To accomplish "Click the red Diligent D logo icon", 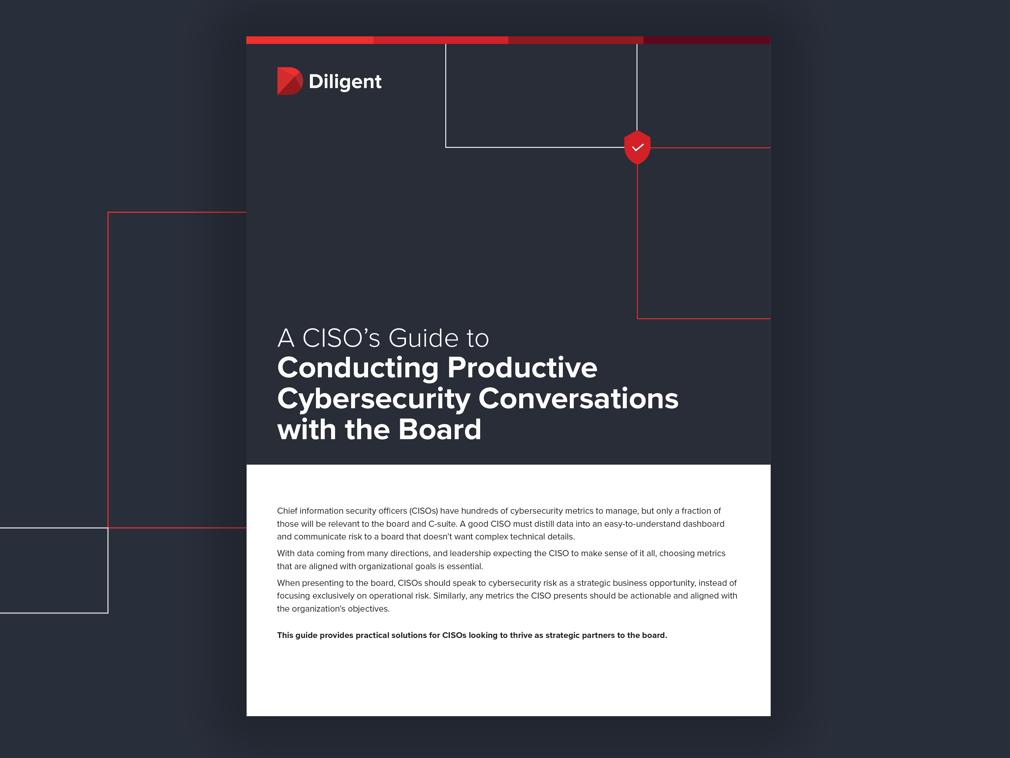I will tap(289, 81).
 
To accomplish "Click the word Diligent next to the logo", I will tap(345, 82).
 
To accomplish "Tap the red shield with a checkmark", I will tap(637, 147).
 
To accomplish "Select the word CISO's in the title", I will tap(341, 339).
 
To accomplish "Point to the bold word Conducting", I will tap(357, 368).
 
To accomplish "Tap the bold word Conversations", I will tap(578, 399).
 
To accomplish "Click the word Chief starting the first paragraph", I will tap(287, 511).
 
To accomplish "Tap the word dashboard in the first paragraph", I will tap(706, 524).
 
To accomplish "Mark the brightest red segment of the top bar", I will tap(310, 40).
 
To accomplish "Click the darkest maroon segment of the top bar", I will tap(706, 40).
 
